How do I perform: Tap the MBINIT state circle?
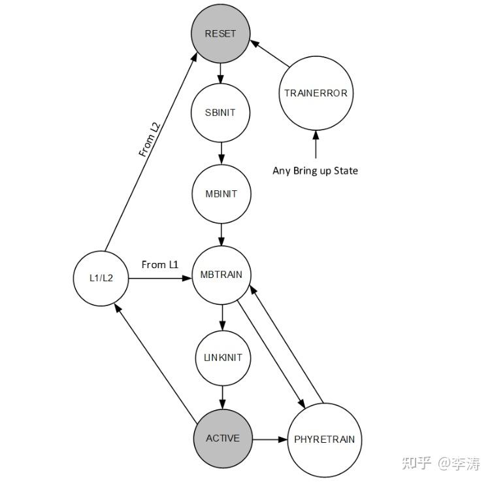221,194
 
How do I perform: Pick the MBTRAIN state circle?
221,275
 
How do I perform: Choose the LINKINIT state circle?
222,357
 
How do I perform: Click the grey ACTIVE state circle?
223,438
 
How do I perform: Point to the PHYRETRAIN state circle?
325,440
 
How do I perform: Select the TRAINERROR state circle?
316,93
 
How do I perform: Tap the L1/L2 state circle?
102,278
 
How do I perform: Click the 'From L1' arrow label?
159,264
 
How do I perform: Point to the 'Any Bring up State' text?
315,171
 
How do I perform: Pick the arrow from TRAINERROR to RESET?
270,55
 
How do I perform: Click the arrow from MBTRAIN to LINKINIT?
222,317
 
